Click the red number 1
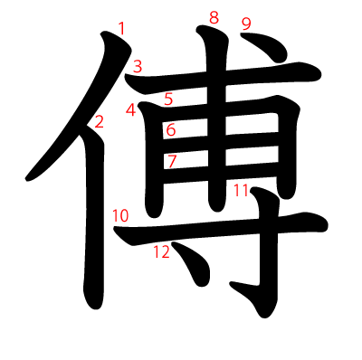tap(122, 29)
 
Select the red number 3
tap(138, 65)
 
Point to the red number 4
tap(131, 110)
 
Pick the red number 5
tap(169, 99)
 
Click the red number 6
tap(170, 130)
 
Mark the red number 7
tap(172, 162)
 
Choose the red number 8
tap(214, 17)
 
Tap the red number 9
tap(246, 23)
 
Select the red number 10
tap(120, 215)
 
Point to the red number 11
tap(240, 190)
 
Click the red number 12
tap(161, 252)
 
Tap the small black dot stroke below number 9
tap(258, 44)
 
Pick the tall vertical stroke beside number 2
tap(94, 226)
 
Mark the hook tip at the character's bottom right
tap(237, 288)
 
